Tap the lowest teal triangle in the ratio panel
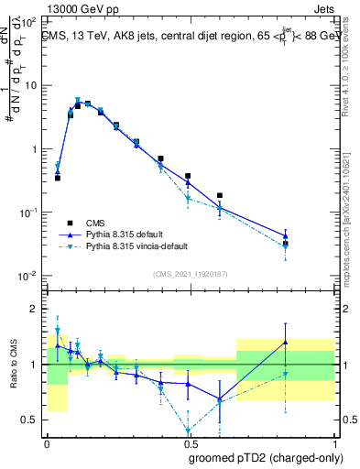click(x=189, y=431)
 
